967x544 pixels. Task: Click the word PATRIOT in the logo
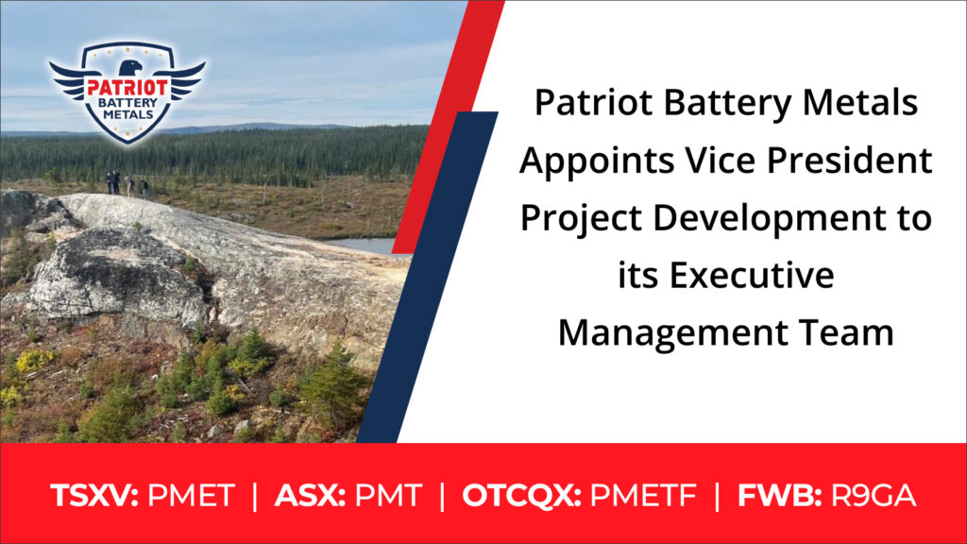click(127, 88)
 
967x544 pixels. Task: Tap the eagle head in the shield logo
click(129, 67)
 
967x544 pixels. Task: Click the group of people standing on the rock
click(127, 184)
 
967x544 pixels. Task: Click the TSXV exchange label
click(94, 495)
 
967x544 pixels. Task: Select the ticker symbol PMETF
click(643, 495)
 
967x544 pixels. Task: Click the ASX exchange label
click(310, 495)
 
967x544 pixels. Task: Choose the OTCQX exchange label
click(521, 496)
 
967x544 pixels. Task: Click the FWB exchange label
click(779, 495)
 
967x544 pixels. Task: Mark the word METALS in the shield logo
click(128, 114)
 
